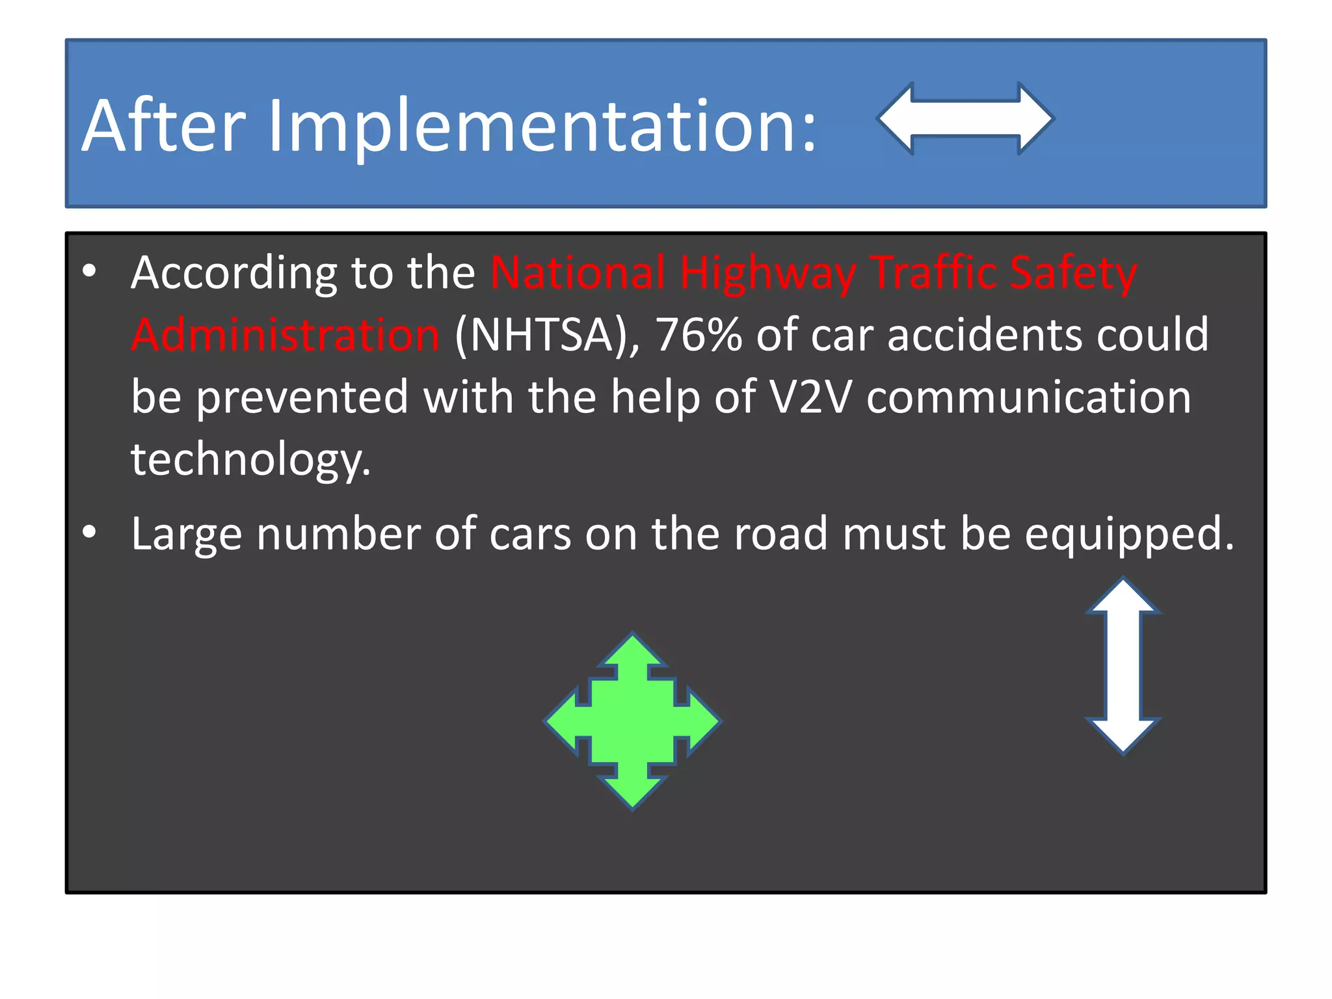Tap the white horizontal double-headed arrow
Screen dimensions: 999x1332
965,119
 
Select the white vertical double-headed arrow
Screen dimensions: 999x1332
1123,665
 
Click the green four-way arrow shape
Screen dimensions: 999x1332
633,721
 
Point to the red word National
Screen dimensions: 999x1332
578,273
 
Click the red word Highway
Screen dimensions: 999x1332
767,274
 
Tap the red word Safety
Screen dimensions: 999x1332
1073,274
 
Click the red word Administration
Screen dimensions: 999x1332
286,335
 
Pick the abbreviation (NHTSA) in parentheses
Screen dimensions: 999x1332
547,336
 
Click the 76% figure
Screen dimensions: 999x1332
699,336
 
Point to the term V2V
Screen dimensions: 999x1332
810,397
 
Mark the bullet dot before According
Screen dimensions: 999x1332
90,271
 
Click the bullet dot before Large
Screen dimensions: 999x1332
90,533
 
